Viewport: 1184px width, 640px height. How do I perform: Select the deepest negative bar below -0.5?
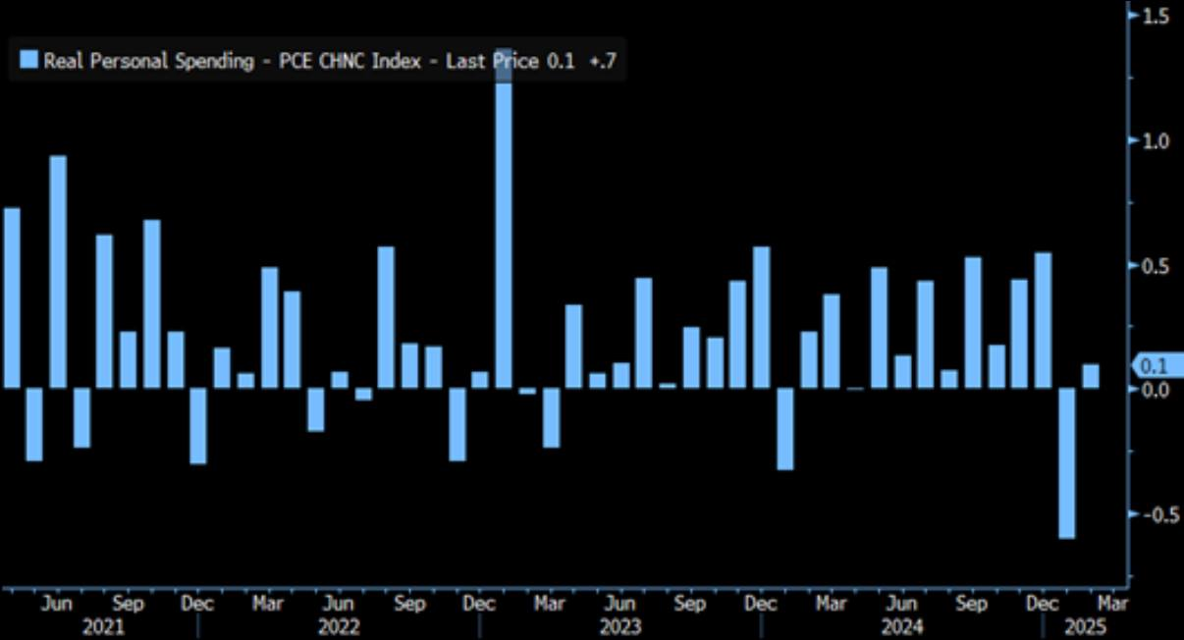coord(1066,462)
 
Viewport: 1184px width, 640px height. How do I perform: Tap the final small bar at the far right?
coord(1090,376)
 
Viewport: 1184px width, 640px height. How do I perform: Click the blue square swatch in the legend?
coord(28,61)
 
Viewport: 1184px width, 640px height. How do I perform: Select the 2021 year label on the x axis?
coord(103,626)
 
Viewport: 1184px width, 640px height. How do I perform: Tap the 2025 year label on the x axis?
coord(1085,626)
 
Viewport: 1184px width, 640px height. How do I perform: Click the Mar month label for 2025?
coord(1112,604)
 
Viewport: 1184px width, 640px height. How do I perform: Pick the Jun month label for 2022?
coord(339,604)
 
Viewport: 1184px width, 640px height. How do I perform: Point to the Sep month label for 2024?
coord(971,604)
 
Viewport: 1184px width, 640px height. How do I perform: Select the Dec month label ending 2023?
coord(761,604)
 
